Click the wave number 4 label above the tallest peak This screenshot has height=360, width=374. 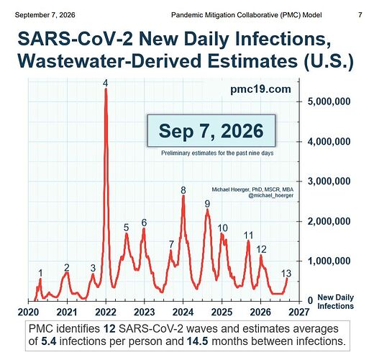coord(106,83)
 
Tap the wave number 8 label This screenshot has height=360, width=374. coord(183,190)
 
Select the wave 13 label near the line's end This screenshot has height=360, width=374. coord(286,274)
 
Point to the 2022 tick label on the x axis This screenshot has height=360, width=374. coord(106,312)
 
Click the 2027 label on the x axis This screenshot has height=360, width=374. coord(298,312)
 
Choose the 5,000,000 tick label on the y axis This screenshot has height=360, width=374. coord(329,102)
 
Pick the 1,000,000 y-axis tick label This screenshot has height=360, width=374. coord(329,261)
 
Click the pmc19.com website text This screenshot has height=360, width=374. coord(260,89)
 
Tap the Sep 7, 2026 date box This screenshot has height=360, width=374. coord(211,131)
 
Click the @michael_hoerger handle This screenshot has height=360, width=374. coord(270,195)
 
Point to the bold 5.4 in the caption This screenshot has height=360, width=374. coord(49,341)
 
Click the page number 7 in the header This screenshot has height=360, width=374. coord(360,15)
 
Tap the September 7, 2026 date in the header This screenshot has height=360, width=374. coord(45,15)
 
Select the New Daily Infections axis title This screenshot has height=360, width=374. coord(336,302)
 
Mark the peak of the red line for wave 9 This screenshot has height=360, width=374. coord(208,210)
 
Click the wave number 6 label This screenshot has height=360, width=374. coord(144,223)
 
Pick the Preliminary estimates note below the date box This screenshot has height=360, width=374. coord(217,153)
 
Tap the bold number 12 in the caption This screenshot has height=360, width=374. coord(109,328)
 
